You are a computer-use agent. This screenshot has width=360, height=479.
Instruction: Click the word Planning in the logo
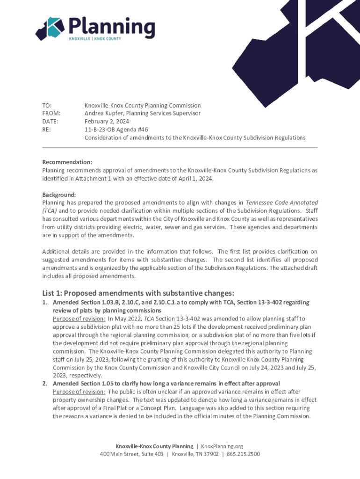point(112,25)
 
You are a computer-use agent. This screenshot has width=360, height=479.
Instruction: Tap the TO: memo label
point(47,106)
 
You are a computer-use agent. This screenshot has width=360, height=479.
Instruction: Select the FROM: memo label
point(51,114)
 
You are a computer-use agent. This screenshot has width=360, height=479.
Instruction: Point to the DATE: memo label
point(50,122)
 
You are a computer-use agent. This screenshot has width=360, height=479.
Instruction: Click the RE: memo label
point(46,130)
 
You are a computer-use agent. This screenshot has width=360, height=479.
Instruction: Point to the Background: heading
point(59,195)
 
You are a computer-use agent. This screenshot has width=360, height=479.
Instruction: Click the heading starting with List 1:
point(138,293)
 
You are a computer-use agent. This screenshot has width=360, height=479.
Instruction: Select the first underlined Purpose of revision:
point(79,319)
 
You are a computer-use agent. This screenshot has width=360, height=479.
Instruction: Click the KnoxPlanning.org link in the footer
point(222,446)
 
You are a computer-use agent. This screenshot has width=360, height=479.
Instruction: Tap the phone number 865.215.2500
point(243,454)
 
